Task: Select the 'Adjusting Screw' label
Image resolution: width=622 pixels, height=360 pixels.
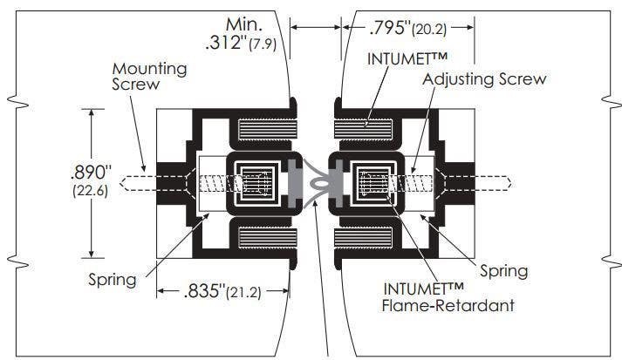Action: tap(484, 79)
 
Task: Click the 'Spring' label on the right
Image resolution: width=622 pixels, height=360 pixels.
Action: tap(503, 271)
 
